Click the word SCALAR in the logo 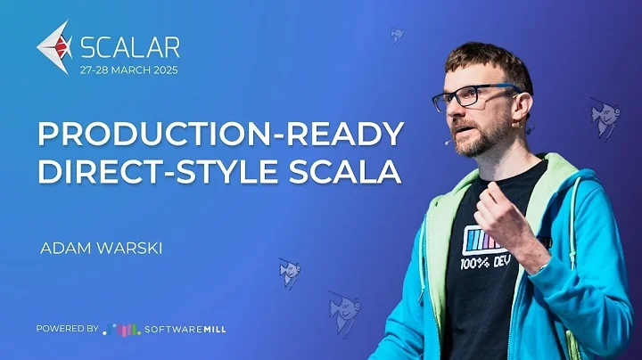coord(130,46)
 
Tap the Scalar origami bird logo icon coord(55,48)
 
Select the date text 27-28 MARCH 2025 coord(128,70)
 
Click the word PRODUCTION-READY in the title coord(219,134)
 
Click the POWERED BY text coord(67,329)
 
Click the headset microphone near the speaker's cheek coord(448,140)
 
